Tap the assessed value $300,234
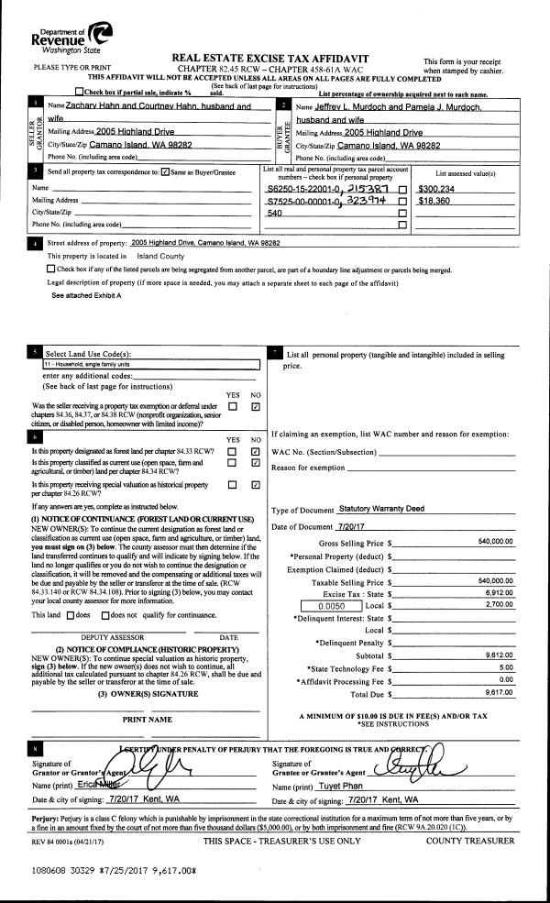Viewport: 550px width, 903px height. pyautogui.click(x=439, y=187)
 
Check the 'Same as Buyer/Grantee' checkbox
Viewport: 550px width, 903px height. pyautogui.click(x=164, y=171)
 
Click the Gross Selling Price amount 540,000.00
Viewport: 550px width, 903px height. pyautogui.click(x=495, y=542)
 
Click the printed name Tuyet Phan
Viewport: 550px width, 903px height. pyautogui.click(x=347, y=787)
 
